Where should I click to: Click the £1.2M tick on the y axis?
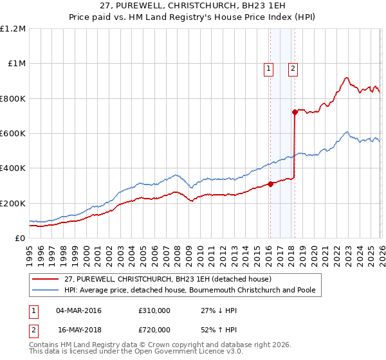(14, 29)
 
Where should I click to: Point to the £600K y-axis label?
(13, 134)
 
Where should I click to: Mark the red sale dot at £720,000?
(295, 113)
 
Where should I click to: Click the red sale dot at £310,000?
(270, 184)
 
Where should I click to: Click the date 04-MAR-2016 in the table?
(79, 311)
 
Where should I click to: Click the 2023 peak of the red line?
(346, 78)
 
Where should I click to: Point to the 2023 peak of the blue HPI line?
(347, 132)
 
